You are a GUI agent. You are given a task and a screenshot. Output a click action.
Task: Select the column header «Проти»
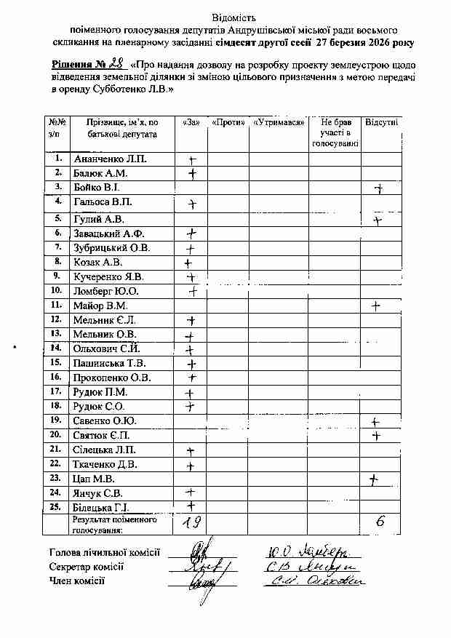pyautogui.click(x=228, y=121)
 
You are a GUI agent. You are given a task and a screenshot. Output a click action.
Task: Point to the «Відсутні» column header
pyautogui.click(x=381, y=121)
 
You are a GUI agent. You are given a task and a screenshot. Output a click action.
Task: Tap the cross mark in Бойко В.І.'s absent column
pyautogui.click(x=378, y=189)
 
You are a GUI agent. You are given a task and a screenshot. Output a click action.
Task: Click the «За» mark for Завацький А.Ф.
pyautogui.click(x=192, y=234)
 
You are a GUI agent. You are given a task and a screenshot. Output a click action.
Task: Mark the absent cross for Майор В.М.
pyautogui.click(x=375, y=306)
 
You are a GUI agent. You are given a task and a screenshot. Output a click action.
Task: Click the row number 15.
pyautogui.click(x=56, y=362)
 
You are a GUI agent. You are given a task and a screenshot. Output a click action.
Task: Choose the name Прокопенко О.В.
pyautogui.click(x=112, y=378)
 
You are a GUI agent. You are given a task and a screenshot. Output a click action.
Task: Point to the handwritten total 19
pyautogui.click(x=192, y=521)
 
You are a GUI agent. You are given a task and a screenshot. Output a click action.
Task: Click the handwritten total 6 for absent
pyautogui.click(x=380, y=521)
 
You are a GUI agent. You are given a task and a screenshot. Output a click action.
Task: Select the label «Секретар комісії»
pyautogui.click(x=87, y=567)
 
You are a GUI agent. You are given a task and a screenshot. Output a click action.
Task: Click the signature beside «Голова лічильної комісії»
pyautogui.click(x=201, y=551)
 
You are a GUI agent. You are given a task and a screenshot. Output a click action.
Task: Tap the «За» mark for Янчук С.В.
pyautogui.click(x=191, y=493)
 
